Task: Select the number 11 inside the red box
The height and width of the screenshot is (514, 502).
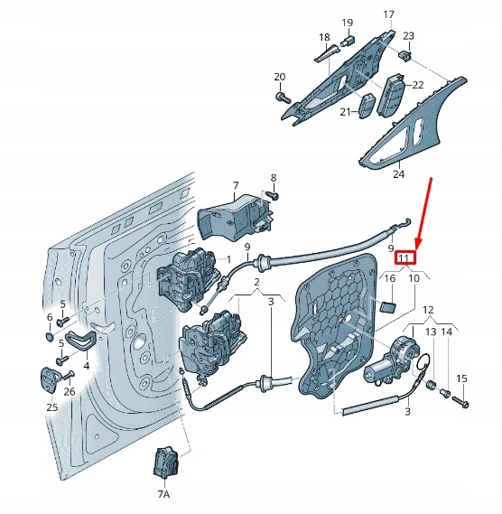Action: point(404,258)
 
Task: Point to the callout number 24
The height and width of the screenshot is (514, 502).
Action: point(398,174)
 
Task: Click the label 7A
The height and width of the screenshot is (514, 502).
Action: point(163,495)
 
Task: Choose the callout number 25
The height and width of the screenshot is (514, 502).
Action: point(51,407)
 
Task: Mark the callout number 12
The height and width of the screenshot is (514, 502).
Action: point(428,311)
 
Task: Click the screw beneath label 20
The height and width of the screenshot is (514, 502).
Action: point(281,96)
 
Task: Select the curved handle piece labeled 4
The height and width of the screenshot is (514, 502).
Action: point(81,342)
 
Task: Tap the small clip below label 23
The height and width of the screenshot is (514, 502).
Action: point(405,56)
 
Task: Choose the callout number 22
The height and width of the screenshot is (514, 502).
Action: point(418,84)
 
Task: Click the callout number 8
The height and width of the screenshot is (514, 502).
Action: point(273,178)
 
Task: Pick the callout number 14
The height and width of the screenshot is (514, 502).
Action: point(445,333)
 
